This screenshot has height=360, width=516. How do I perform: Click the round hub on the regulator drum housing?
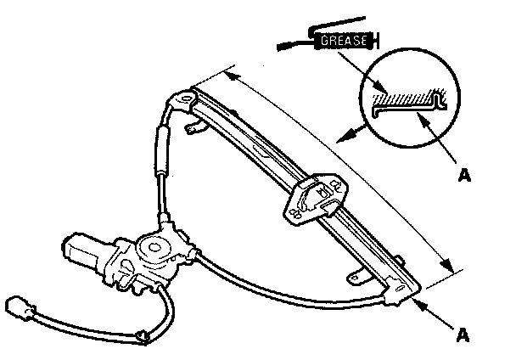click(x=154, y=249)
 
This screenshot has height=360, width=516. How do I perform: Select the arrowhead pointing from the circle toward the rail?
click(x=340, y=137)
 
